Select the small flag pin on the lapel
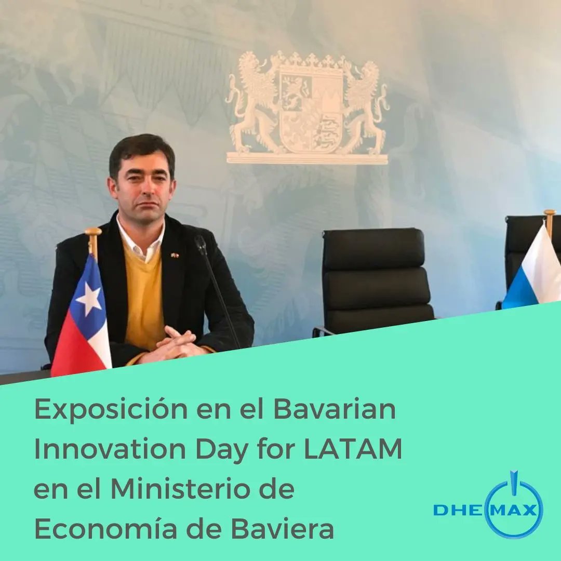pyautogui.click(x=176, y=255)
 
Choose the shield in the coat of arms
pyautogui.click(x=310, y=112)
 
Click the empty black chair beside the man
pyautogui.click(x=377, y=280)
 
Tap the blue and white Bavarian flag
pyautogui.click(x=535, y=273)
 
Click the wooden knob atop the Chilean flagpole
pyautogui.click(x=94, y=232)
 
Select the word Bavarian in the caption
pyautogui.click(x=335, y=410)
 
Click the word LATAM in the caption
pyautogui.click(x=353, y=449)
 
